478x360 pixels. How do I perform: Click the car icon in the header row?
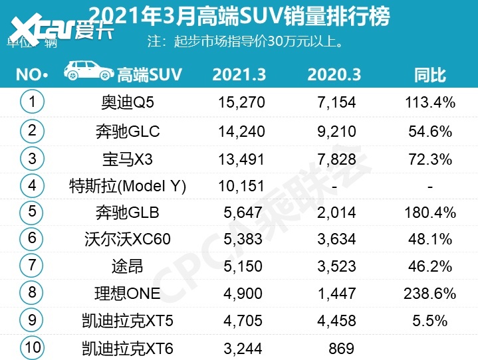[88, 72]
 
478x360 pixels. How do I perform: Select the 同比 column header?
[429, 74]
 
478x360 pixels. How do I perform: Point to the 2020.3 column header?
[334, 74]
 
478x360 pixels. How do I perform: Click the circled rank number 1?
[31, 102]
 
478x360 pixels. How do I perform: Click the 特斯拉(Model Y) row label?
[127, 186]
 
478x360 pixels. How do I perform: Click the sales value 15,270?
[241, 102]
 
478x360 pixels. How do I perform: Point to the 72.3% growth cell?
[429, 159]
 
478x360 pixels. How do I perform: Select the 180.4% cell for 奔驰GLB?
[429, 213]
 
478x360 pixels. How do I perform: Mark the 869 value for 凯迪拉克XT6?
[340, 347]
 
